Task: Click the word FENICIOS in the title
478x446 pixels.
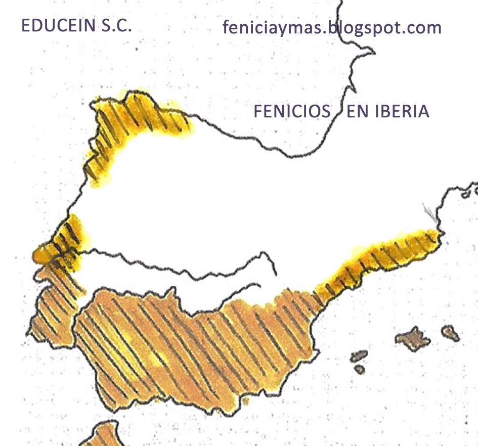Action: point(291,111)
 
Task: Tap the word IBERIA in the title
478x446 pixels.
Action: point(402,111)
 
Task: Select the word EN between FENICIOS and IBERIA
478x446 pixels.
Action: point(357,111)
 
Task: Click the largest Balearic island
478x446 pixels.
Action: point(413,339)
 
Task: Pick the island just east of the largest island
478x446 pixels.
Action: point(449,332)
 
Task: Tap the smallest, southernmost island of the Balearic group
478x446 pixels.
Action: point(360,370)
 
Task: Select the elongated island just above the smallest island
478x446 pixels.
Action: point(359,356)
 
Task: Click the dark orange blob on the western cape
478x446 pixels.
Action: point(39,254)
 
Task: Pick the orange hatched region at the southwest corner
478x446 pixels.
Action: point(51,308)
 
